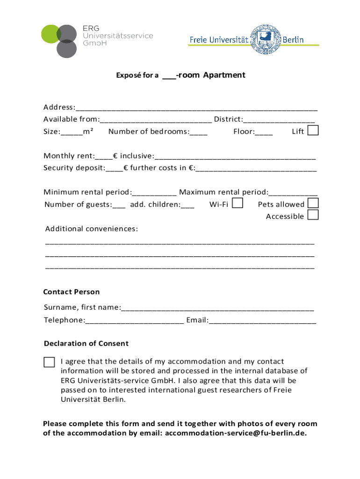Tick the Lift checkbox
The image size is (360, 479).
pyautogui.click(x=313, y=131)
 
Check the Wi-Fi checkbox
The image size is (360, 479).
pyautogui.click(x=238, y=203)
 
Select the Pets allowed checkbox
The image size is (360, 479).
pyautogui.click(x=313, y=203)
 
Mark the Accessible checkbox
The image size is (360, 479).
pyautogui.click(x=313, y=215)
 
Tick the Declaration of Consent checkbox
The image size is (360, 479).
pyautogui.click(x=49, y=362)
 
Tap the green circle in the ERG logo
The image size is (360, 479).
pyautogui.click(x=50, y=34)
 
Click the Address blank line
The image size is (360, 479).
pyautogui.click(x=196, y=108)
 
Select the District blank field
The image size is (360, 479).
pyautogui.click(x=279, y=120)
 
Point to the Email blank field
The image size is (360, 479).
pyautogui.click(x=262, y=321)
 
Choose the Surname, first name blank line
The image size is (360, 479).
pyautogui.click(x=217, y=308)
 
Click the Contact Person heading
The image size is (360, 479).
pyautogui.click(x=72, y=292)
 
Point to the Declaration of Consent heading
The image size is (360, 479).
pyautogui.click(x=86, y=343)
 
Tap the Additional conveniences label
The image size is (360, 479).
pyautogui.click(x=92, y=229)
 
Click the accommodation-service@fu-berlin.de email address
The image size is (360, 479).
pyautogui.click(x=236, y=433)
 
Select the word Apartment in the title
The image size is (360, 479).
pyautogui.click(x=224, y=75)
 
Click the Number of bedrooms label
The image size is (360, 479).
pyautogui.click(x=148, y=131)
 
